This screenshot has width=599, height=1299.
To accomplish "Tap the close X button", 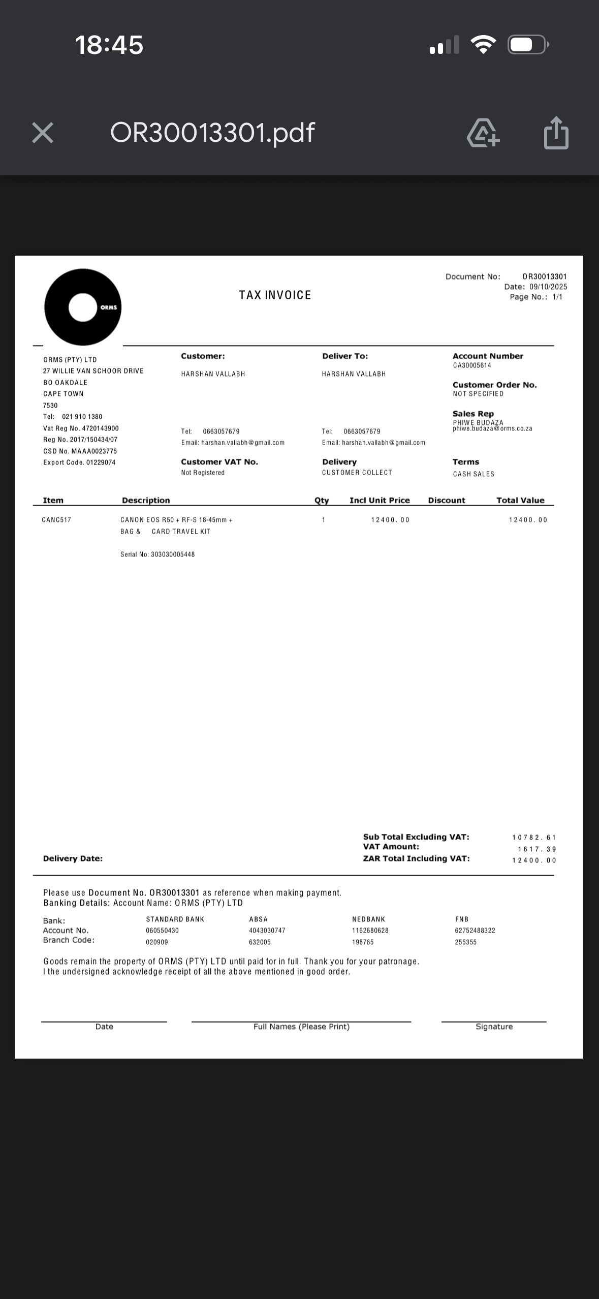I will (43, 133).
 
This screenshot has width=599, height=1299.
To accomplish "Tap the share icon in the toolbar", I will (556, 133).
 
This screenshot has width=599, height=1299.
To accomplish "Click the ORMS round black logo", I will (83, 307).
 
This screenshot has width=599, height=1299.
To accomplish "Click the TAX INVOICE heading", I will (275, 295).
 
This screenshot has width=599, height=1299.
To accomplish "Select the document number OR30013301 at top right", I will (544, 276).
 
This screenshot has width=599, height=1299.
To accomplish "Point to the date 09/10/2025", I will (548, 287).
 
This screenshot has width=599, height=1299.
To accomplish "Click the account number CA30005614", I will (472, 365).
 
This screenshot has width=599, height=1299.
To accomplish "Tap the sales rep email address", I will (492, 429).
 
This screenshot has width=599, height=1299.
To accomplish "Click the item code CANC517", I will (56, 520).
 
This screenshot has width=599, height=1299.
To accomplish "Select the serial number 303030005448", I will (172, 554).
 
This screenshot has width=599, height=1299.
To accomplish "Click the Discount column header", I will (446, 500).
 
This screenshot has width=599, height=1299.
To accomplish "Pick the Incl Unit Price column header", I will (380, 500).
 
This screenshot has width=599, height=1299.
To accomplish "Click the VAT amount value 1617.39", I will (537, 849).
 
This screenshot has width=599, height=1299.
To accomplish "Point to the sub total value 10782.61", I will (534, 838).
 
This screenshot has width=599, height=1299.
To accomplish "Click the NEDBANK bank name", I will (368, 919).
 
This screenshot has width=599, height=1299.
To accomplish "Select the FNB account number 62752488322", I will (475, 931).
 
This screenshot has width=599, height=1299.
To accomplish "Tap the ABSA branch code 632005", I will (260, 942).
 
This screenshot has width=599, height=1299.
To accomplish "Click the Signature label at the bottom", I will (494, 1027).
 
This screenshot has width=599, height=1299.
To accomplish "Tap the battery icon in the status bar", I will (527, 45).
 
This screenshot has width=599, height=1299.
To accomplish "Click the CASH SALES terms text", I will (474, 474).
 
